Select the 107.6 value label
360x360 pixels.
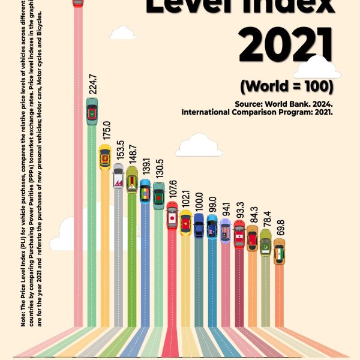pos(172,190)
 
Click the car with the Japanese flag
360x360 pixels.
pos(172,217)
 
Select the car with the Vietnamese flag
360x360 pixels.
pos(185,224)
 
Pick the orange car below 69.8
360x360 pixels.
pos(279,251)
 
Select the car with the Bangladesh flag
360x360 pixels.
pos(158,196)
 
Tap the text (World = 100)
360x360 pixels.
pos(286,86)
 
